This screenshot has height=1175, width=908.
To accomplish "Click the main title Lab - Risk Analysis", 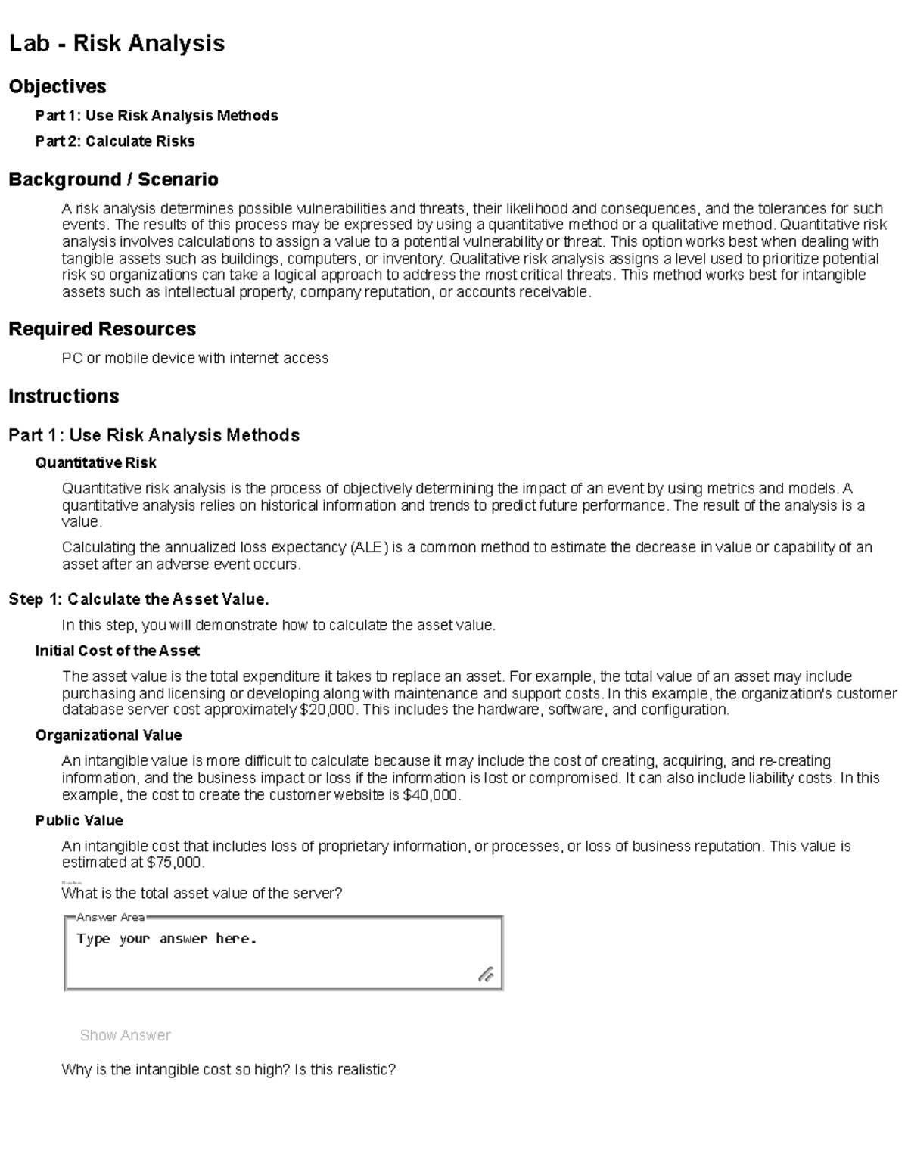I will [117, 43].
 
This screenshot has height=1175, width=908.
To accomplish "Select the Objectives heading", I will [58, 86].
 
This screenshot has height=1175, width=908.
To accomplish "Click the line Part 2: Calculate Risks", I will [115, 141].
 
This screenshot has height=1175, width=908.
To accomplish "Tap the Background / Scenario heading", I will [113, 179].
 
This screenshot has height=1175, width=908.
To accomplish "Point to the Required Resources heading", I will [102, 329].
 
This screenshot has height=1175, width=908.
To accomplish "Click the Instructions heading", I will [64, 396].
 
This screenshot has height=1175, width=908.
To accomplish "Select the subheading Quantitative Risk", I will [96, 463].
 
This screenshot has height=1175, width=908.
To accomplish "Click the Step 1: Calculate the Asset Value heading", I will [138, 600].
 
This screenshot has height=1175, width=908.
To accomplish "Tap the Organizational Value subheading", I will [108, 735].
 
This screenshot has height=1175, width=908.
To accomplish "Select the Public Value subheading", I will [79, 821].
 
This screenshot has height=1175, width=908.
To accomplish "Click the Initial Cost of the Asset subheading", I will [117, 651].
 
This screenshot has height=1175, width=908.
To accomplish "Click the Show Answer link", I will [125, 1035].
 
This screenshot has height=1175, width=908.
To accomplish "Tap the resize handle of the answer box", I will [486, 975].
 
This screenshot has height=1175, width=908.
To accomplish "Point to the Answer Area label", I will [110, 918].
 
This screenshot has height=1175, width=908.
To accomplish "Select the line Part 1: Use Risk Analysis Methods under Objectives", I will [157, 116].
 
